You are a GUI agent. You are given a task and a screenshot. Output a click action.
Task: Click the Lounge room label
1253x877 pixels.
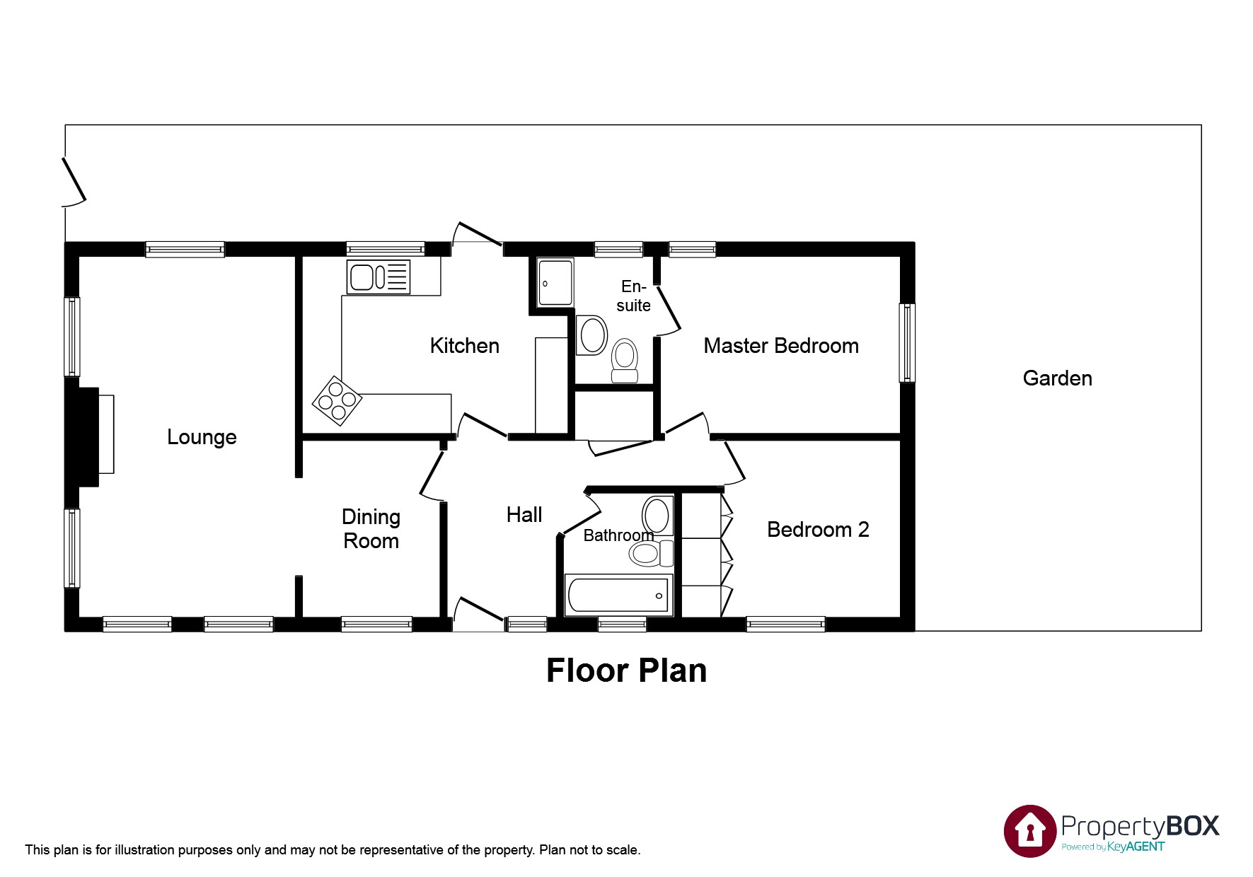[x=202, y=437]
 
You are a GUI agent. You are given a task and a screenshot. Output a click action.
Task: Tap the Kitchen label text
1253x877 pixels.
[x=464, y=346]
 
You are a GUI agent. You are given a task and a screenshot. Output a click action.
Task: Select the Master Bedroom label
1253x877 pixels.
[x=780, y=346]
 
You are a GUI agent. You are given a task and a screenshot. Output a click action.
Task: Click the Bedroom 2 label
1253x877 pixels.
[x=817, y=530]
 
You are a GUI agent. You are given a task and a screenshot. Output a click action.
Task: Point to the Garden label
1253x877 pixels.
[x=1057, y=378]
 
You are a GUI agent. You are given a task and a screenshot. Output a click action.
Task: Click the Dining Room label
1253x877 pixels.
[x=371, y=529]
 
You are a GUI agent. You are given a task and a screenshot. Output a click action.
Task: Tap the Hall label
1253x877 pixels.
[x=524, y=515]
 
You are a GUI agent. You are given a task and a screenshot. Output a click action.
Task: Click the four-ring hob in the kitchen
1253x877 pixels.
[x=337, y=401]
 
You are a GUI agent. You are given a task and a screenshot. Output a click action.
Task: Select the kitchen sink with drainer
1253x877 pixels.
[x=378, y=277]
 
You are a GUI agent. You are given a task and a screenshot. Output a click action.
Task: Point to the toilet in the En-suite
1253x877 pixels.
[x=624, y=359]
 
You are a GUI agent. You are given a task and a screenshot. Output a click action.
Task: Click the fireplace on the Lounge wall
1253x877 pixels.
[x=91, y=436]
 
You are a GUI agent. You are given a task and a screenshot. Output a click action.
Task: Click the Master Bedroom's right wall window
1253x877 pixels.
[x=906, y=343]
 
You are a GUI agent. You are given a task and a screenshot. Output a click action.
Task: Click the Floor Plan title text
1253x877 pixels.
[x=626, y=670]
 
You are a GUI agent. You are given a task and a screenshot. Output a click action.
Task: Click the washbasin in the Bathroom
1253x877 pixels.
[x=657, y=514]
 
